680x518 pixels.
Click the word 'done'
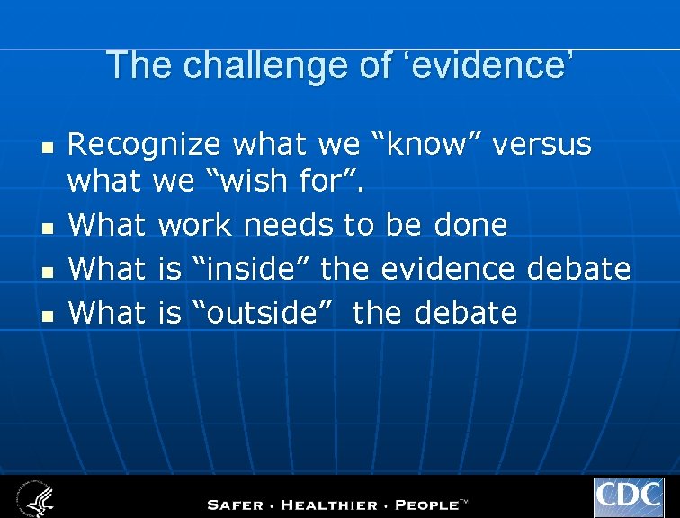click(x=471, y=225)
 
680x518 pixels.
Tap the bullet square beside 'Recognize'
click(x=49, y=146)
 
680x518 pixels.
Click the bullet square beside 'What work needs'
click(x=49, y=227)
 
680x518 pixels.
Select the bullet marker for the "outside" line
click(x=49, y=314)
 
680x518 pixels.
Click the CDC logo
click(x=628, y=497)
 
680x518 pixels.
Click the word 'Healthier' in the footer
click(x=337, y=505)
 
